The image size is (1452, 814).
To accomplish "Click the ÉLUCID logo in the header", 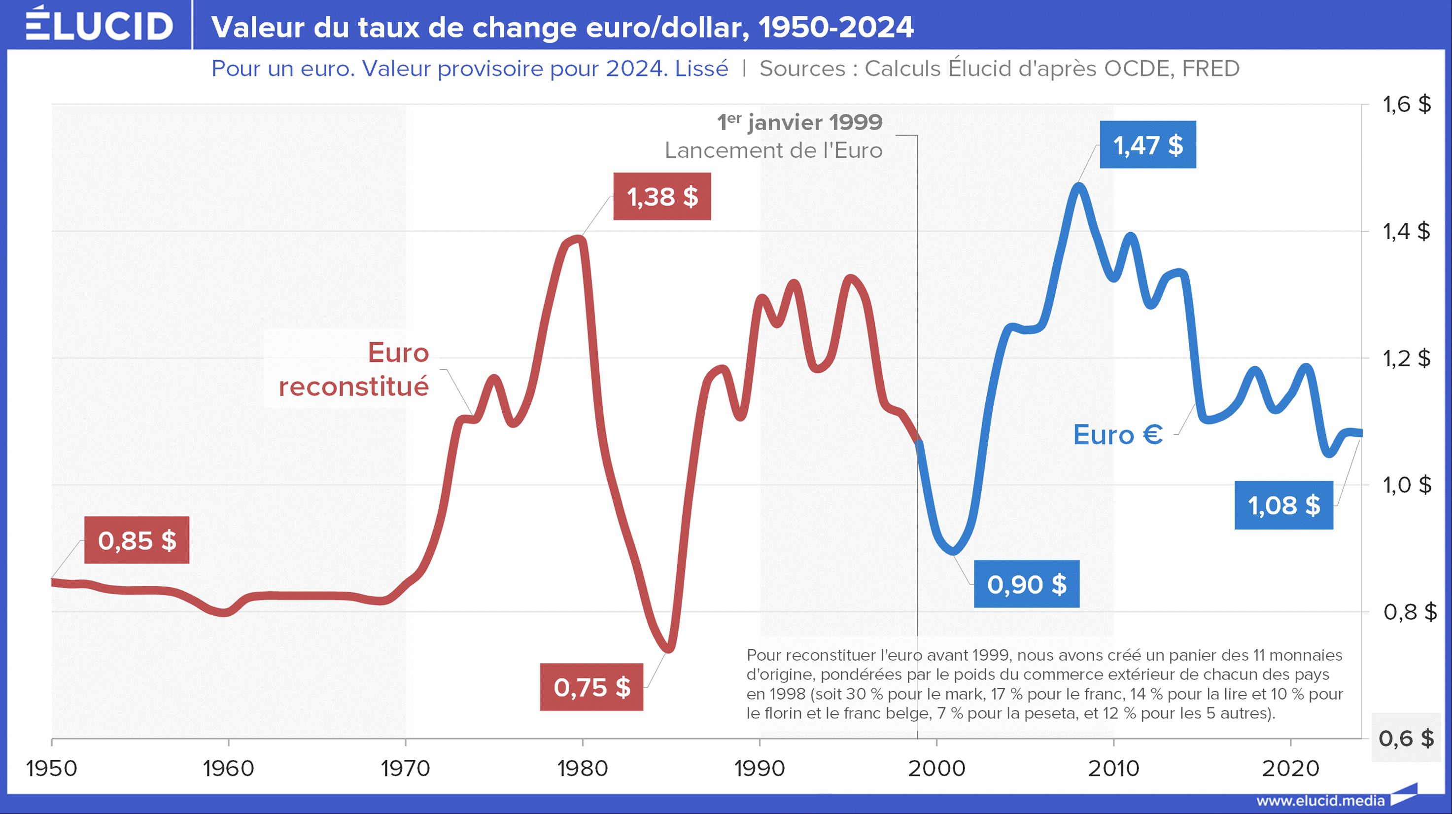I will tap(99, 25).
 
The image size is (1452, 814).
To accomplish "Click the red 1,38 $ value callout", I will tap(662, 197).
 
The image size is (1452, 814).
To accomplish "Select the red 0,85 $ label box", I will tap(137, 540).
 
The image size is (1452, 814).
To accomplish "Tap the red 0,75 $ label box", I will tap(591, 687).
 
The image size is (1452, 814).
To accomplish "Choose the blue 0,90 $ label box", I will tap(1027, 584).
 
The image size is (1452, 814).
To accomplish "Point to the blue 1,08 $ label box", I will tap(1283, 505).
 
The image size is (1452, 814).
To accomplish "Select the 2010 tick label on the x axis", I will tap(1113, 768).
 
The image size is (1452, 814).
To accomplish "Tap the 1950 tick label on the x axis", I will tap(52, 768).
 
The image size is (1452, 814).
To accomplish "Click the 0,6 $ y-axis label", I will tap(1406, 738).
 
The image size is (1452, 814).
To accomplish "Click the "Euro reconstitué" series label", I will tap(354, 369).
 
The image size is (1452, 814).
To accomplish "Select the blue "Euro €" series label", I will tap(1118, 435).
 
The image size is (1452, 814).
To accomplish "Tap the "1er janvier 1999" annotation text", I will tap(799, 122).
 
